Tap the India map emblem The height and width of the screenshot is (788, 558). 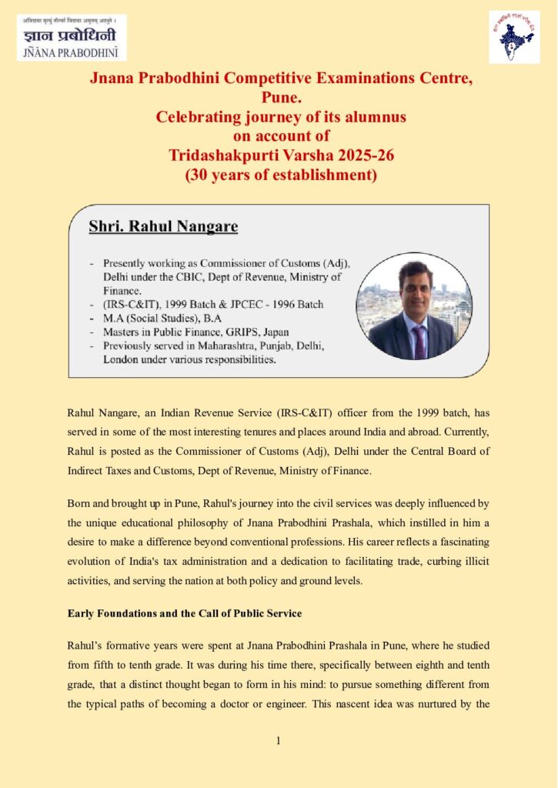(x=513, y=37)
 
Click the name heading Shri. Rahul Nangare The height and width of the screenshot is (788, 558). (x=163, y=226)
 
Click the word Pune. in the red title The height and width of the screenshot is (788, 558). (x=278, y=98)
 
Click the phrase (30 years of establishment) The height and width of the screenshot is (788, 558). (x=279, y=174)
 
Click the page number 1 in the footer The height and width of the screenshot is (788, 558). (x=279, y=741)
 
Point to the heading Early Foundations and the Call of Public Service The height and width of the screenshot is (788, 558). (x=185, y=613)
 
